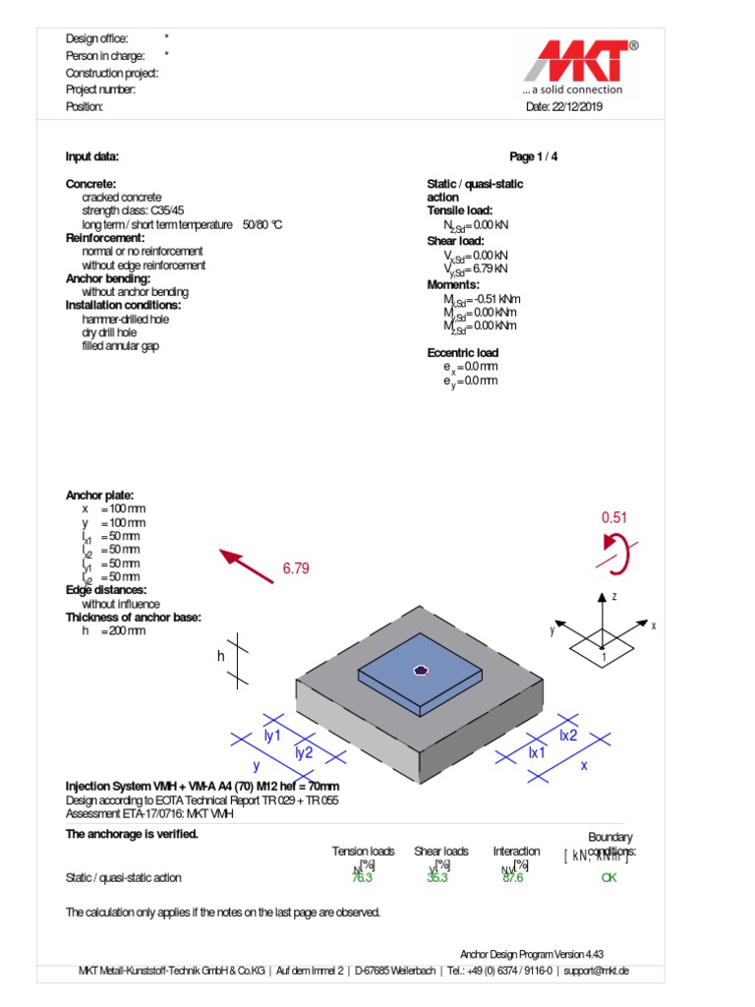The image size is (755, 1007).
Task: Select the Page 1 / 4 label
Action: [534, 156]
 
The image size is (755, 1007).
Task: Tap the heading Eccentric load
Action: [462, 353]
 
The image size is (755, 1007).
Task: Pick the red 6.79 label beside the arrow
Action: [296, 568]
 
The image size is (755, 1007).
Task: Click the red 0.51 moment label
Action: [614, 517]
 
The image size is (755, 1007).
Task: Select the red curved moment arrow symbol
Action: [616, 553]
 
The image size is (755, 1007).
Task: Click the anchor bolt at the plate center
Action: [421, 671]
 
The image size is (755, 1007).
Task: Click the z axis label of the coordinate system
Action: [613, 597]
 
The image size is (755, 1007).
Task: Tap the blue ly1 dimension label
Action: [272, 735]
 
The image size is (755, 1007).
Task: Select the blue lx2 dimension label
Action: [568, 735]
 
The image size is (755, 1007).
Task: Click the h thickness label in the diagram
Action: [221, 657]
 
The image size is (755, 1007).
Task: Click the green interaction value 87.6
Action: [512, 878]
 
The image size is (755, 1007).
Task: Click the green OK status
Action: [609, 878]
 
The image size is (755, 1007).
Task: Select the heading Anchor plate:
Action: [99, 496]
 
